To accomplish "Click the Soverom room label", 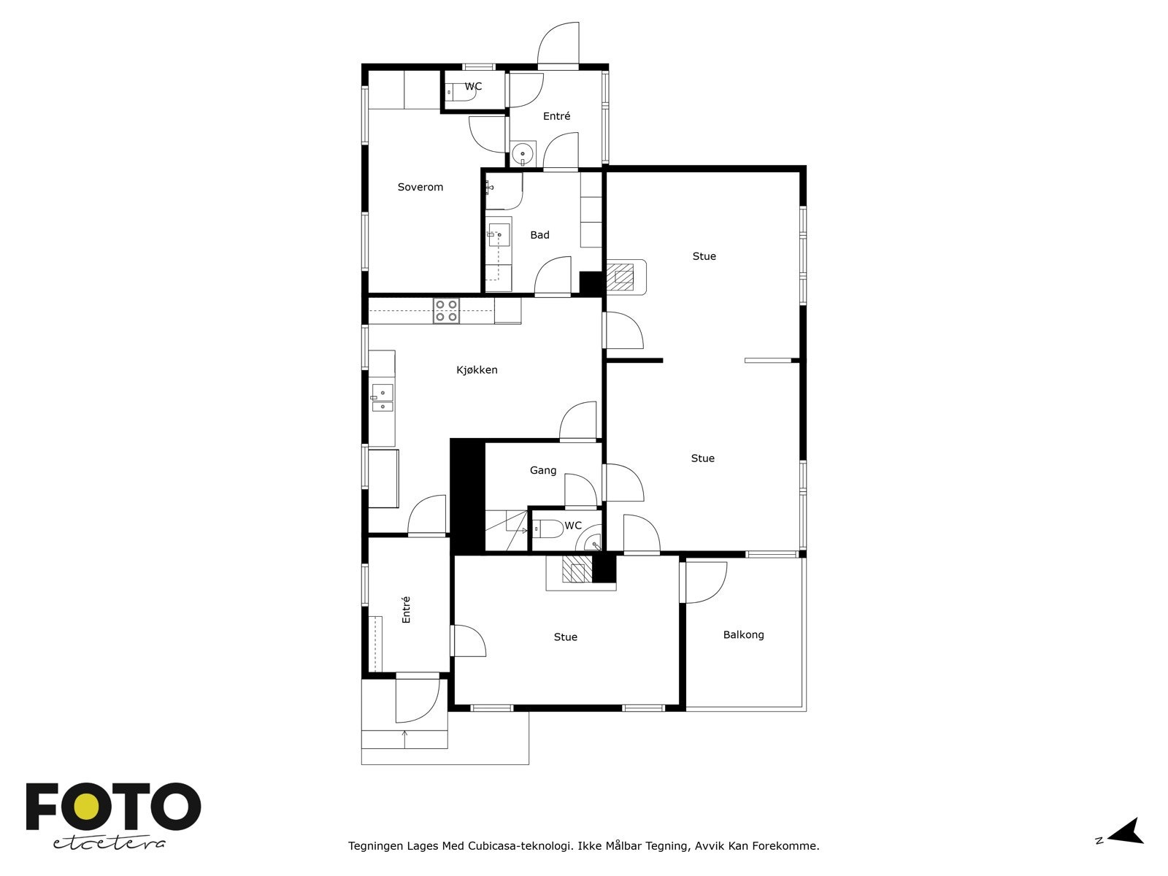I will tap(420, 187).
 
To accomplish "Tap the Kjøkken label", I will tap(477, 370).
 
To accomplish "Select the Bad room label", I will tap(539, 235).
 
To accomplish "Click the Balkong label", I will tap(743, 635).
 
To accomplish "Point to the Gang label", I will tap(542, 471).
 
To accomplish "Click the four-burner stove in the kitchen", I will tap(446, 311).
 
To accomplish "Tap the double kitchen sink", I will tap(382, 397).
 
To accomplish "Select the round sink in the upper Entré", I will tap(523, 155).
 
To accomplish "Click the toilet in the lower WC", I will tap(547, 528).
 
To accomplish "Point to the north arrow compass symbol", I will tap(1129, 832).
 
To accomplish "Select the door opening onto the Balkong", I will tap(704, 582).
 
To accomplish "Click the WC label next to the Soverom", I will tap(473, 86).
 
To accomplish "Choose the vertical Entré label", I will tap(406, 610).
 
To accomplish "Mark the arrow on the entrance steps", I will tap(405, 737).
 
